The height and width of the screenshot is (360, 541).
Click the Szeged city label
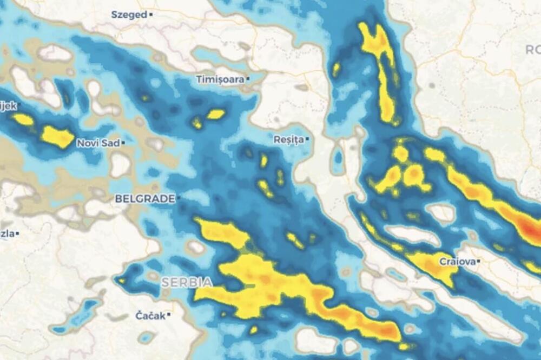tap(129, 15)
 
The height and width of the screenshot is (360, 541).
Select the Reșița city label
tap(288, 139)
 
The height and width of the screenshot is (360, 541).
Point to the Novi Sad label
tap(97, 143)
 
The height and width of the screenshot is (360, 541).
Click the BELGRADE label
tap(145, 199)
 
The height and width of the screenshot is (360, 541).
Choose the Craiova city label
tap(457, 262)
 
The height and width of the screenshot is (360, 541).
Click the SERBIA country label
tap(187, 282)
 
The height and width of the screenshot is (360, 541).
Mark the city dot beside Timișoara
tap(248, 79)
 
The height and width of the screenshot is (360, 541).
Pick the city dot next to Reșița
tap(307, 139)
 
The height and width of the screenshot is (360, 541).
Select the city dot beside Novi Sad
tap(123, 143)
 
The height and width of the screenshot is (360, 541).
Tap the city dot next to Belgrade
tap(179, 199)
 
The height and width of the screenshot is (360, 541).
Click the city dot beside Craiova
tap(479, 262)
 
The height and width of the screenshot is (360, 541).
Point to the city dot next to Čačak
tap(169, 315)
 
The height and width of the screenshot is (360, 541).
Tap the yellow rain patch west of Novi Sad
tap(57, 137)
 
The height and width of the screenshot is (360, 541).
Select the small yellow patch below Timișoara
tap(215, 114)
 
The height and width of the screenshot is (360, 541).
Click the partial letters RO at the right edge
tap(533, 50)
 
